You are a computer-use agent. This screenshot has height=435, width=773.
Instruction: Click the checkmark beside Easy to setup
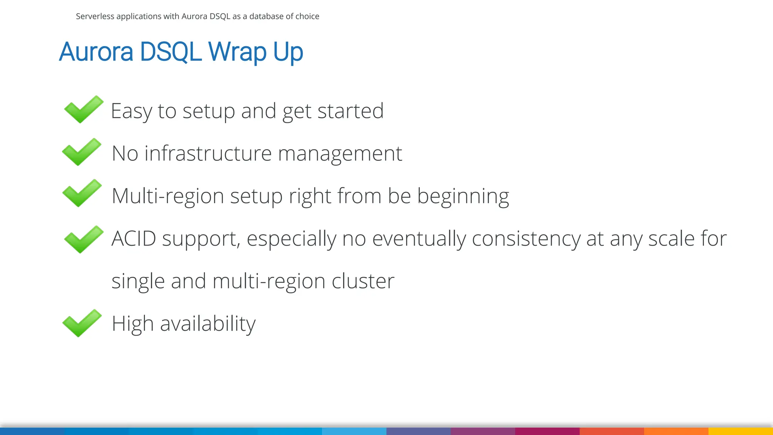click(x=83, y=110)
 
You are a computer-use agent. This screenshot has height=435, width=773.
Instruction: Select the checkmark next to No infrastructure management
click(x=82, y=152)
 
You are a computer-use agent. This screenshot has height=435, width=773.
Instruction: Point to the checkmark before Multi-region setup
click(x=82, y=193)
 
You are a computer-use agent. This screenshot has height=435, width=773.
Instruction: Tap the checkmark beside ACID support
click(x=83, y=239)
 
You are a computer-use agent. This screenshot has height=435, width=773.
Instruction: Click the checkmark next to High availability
click(x=82, y=323)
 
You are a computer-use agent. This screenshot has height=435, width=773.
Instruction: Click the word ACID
click(x=134, y=239)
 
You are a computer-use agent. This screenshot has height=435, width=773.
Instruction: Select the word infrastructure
click(x=208, y=154)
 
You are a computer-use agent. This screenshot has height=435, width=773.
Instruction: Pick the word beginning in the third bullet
click(x=463, y=197)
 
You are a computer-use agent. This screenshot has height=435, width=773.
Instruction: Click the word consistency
click(x=526, y=239)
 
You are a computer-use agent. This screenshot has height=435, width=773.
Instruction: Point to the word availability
click(x=208, y=324)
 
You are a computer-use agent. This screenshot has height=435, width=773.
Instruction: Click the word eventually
click(x=419, y=239)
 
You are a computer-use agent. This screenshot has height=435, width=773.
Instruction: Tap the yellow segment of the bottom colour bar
click(x=741, y=431)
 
